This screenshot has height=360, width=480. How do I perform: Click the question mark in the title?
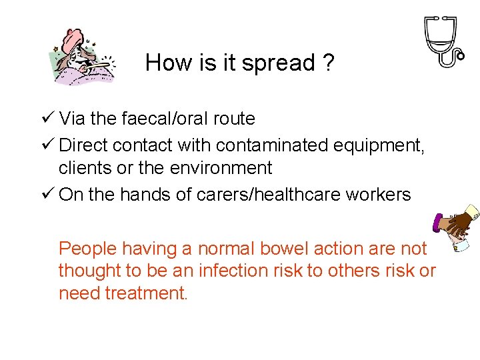[x=327, y=63]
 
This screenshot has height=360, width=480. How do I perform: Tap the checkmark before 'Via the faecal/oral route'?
[x=47, y=119]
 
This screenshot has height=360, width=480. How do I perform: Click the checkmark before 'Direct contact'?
[x=47, y=145]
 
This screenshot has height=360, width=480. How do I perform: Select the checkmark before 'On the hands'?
[x=47, y=195]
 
